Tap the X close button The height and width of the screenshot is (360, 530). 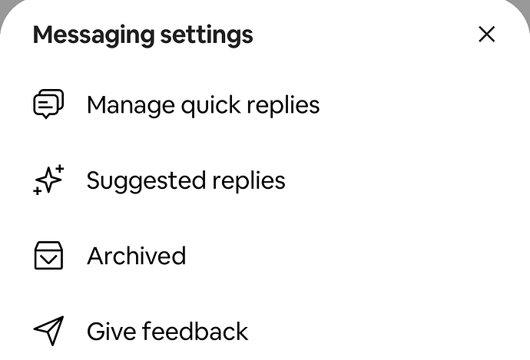click(x=487, y=34)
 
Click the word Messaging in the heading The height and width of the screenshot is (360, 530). click(x=94, y=35)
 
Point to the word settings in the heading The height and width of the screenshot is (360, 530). click(x=207, y=35)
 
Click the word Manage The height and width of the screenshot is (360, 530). click(x=131, y=106)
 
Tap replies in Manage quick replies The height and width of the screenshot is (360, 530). click(x=283, y=106)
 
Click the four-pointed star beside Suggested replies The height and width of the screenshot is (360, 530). click(x=49, y=180)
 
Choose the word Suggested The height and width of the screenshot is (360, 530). click(x=146, y=181)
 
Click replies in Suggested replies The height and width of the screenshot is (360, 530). click(x=249, y=181)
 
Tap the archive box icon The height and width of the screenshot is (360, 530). click(x=48, y=256)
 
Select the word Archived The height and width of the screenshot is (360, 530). click(x=137, y=256)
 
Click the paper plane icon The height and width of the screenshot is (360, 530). click(x=48, y=331)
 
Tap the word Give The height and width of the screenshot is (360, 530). click(x=111, y=332)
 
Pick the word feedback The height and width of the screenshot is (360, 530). click(x=195, y=332)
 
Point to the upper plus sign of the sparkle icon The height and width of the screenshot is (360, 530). click(x=60, y=168)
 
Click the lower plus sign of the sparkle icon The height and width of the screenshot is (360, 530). click(x=37, y=191)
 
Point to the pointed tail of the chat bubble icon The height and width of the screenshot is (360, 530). click(x=46, y=117)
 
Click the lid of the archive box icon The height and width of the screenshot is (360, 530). click(x=48, y=246)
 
